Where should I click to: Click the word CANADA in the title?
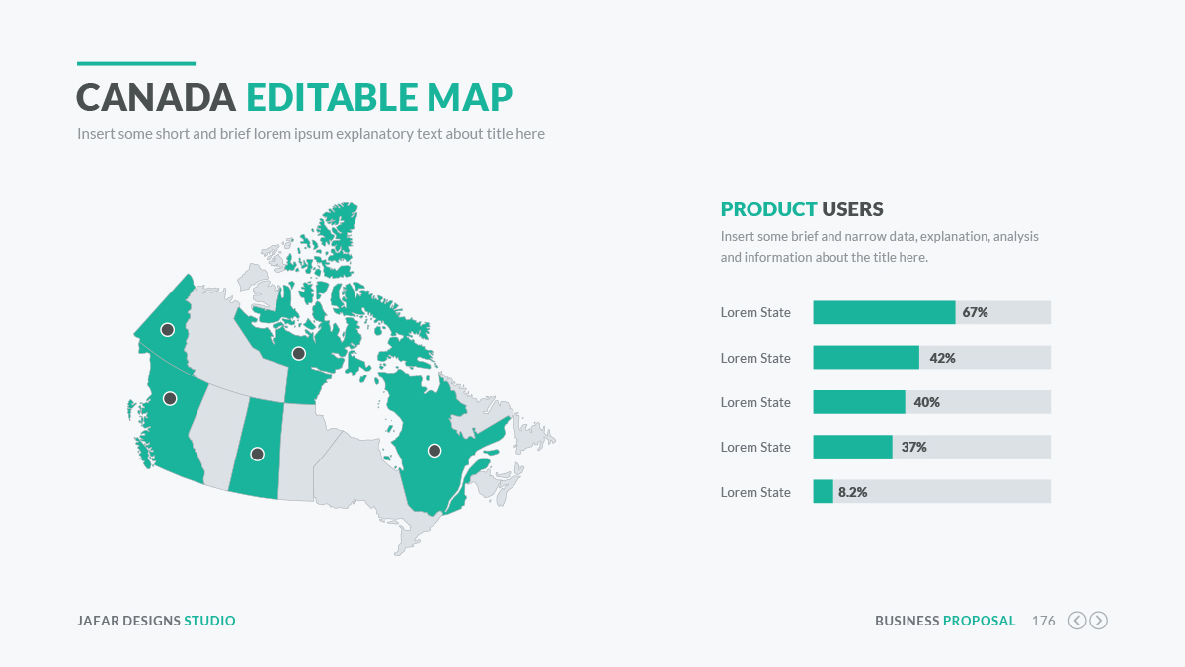coord(156,98)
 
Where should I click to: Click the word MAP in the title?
coord(469,98)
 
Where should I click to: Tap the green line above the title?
coord(136,63)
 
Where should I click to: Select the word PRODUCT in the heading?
coord(768,209)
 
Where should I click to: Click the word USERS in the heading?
coord(852,209)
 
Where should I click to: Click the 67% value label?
coord(975,312)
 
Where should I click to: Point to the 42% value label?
coord(942,358)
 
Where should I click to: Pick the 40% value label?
coord(927,402)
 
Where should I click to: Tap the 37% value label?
coord(914,447)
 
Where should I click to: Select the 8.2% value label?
coord(853,492)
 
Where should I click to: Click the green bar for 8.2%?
coord(824,491)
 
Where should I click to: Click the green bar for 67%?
coord(884,312)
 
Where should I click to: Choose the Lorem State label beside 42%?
coord(755,358)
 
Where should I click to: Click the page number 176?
coord(1043,621)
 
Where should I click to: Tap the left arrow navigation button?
coord(1077,621)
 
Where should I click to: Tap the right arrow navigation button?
coord(1099,621)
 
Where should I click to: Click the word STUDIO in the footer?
coord(209,621)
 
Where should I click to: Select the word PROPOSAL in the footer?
coord(980,621)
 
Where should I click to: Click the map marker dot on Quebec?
coord(434,451)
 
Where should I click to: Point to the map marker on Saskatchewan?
coord(257,454)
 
